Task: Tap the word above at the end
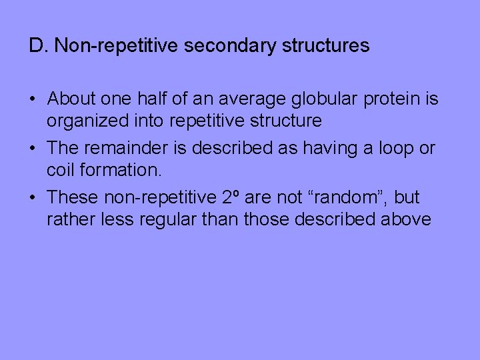pyautogui.click(x=407, y=219)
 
